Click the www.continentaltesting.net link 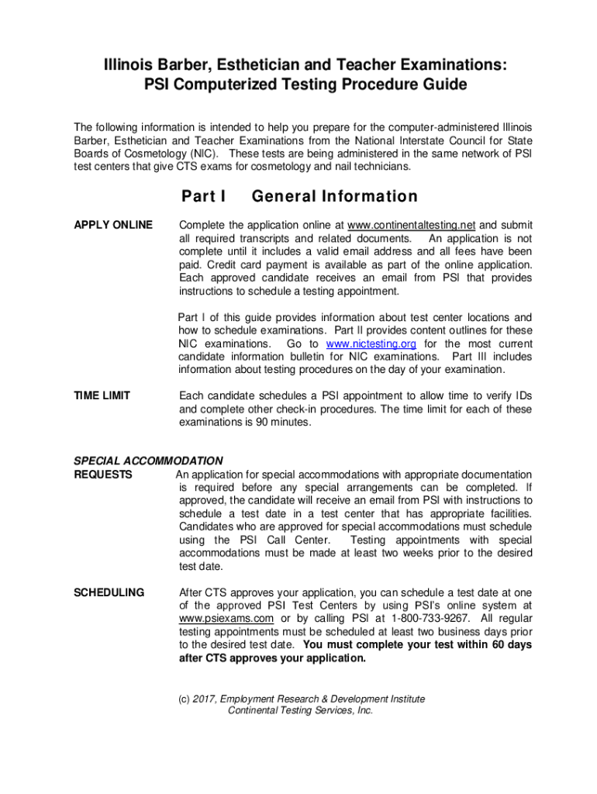pos(416,225)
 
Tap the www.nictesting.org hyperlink pos(371,343)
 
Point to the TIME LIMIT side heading pos(102,396)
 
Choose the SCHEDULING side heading pos(109,592)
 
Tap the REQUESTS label pos(102,475)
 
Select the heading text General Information pos(335,197)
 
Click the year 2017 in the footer pos(204,699)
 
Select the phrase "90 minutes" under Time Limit pos(283,423)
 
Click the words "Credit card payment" pos(243,264)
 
